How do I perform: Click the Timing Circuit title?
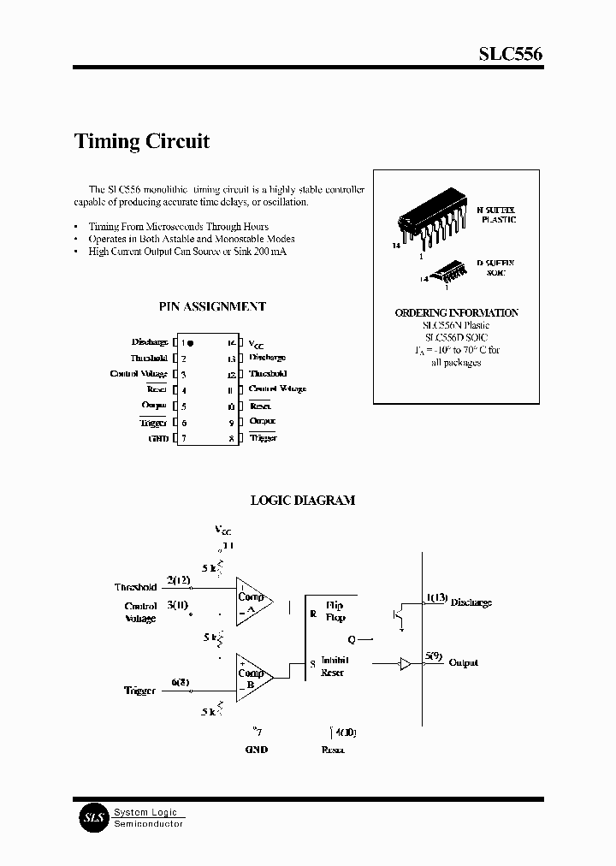(142, 141)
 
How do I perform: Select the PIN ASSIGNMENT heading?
(212, 306)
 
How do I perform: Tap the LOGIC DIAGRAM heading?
(302, 500)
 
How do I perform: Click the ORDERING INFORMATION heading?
(456, 313)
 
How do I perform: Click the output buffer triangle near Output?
(406, 663)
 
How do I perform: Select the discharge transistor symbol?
(400, 616)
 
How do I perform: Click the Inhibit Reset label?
(332, 667)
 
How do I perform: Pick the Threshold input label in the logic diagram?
(135, 587)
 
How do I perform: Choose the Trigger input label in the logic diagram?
(139, 690)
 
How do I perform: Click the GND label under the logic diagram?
(256, 749)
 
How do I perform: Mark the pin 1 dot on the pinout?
(190, 342)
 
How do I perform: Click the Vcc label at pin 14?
(258, 342)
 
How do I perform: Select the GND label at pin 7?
(159, 437)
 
